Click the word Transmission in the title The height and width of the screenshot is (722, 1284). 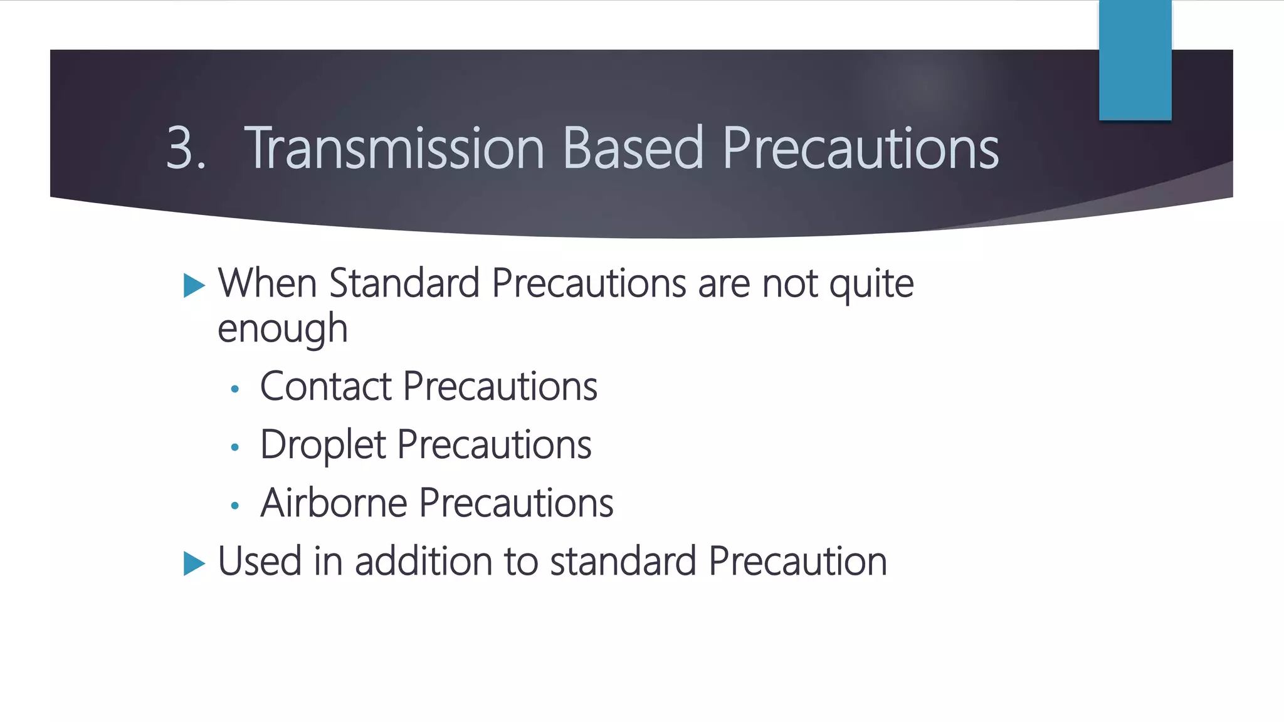click(x=394, y=149)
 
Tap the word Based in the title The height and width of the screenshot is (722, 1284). click(x=633, y=149)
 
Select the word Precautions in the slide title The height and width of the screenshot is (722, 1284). click(x=860, y=149)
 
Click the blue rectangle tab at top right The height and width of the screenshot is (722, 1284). click(x=1135, y=60)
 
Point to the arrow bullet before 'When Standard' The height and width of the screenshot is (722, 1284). click(x=194, y=286)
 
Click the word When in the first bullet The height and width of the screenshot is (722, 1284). click(x=267, y=284)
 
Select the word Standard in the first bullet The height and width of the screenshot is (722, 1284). click(x=404, y=284)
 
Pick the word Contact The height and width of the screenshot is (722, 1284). click(x=325, y=386)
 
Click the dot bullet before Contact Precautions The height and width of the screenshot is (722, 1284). click(x=235, y=389)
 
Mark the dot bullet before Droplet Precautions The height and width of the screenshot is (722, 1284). click(x=235, y=447)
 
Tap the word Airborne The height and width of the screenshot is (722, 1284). click(x=334, y=503)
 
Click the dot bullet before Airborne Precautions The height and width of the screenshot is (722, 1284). click(x=235, y=506)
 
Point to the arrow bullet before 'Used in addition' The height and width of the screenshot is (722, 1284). click(x=194, y=563)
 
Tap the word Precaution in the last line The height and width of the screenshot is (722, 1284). click(x=797, y=561)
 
